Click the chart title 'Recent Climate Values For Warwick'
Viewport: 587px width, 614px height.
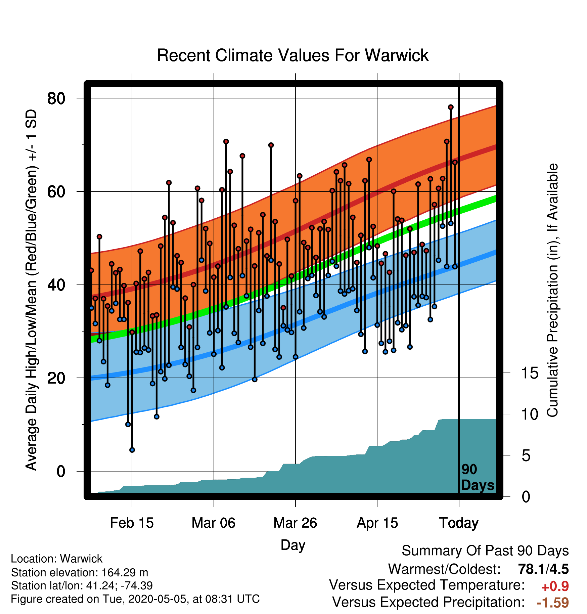click(293, 55)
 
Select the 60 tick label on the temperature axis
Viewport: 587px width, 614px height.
click(56, 191)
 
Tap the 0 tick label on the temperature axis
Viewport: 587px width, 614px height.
click(61, 471)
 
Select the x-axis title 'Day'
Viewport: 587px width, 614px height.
click(293, 545)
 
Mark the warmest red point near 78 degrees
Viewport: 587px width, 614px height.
click(451, 107)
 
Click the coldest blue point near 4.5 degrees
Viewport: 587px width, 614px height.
click(132, 450)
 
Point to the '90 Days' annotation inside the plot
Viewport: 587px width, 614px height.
click(478, 477)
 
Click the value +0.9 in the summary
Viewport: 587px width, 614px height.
click(555, 586)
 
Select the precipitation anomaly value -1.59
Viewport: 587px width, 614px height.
click(553, 603)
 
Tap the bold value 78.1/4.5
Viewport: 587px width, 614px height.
click(543, 569)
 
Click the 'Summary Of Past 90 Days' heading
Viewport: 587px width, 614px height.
click(485, 551)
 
